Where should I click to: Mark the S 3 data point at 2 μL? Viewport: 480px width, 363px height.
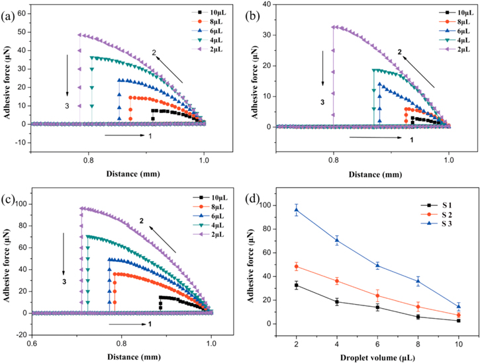[x=296, y=210]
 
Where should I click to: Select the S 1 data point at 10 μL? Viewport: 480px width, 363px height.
[x=458, y=320]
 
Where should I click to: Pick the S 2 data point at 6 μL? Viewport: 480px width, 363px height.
[x=377, y=296]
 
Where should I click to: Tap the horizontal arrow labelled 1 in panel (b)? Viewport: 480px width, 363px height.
[x=376, y=138]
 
